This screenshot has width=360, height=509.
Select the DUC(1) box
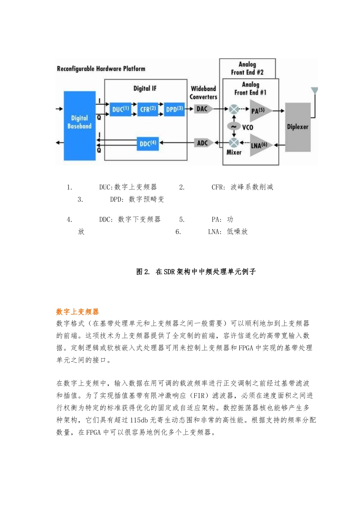(x=121, y=109)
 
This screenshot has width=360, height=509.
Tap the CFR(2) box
(x=148, y=109)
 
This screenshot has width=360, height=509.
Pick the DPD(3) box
(x=174, y=109)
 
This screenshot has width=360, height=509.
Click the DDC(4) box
(x=148, y=144)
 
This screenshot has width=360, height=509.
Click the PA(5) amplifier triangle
(x=259, y=111)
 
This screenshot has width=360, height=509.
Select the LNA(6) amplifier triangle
(x=260, y=145)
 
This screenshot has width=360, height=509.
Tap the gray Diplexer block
(x=298, y=127)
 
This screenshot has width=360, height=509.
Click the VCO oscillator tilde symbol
(x=234, y=126)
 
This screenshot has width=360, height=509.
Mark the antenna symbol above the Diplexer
(x=314, y=91)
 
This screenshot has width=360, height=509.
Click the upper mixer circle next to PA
(x=234, y=109)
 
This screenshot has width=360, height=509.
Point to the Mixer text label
(x=234, y=152)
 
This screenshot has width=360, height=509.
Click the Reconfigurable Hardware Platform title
(x=101, y=69)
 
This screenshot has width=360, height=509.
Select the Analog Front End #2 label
(x=247, y=68)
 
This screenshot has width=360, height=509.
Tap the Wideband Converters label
(x=203, y=92)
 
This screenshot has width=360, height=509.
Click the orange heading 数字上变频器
(x=77, y=312)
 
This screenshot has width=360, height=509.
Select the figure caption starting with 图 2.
(x=196, y=272)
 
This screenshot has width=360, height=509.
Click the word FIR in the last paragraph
(x=199, y=395)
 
